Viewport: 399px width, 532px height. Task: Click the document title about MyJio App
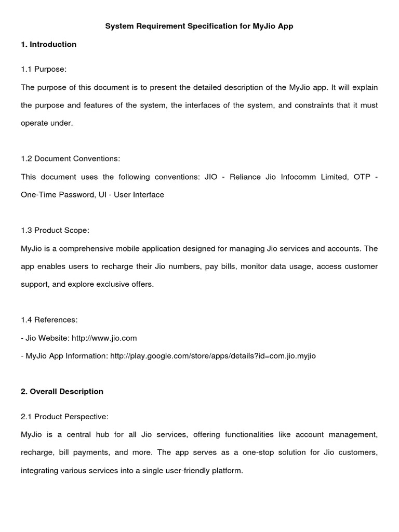click(x=199, y=26)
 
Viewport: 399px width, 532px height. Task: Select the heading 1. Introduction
click(x=49, y=45)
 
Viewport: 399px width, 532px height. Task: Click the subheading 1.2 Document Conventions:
click(x=70, y=158)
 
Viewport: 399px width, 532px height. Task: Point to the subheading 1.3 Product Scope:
click(x=59, y=230)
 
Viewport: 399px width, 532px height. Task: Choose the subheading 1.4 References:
click(x=49, y=320)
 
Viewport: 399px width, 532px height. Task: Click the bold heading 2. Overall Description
click(x=62, y=391)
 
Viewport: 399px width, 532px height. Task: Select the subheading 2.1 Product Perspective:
click(x=65, y=417)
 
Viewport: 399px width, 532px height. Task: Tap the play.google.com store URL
click(x=213, y=356)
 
